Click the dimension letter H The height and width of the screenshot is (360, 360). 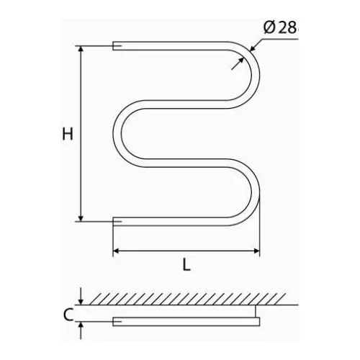(68, 134)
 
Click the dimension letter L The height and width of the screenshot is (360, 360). (186, 264)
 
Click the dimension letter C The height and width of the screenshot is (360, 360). (68, 315)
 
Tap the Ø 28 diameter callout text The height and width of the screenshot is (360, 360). (281, 28)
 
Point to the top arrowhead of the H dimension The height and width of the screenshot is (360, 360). (81, 49)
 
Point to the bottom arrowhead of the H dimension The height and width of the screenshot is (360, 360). (81, 218)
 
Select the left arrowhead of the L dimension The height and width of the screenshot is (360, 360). (116, 251)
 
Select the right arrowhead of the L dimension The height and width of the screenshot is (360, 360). (256, 251)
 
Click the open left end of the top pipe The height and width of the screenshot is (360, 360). (113, 46)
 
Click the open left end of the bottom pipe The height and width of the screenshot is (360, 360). (113, 222)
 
